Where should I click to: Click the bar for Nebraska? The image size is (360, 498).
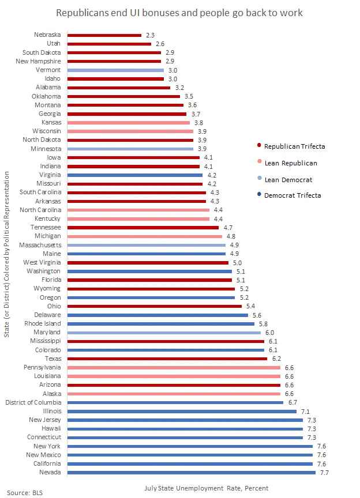coord(104,35)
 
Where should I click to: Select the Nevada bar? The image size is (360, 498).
coord(192,473)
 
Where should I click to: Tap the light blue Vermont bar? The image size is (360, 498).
coord(115,70)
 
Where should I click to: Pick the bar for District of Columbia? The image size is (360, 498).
coord(175,402)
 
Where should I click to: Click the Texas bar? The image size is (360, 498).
coord(167,359)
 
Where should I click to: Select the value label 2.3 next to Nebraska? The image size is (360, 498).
coord(150,35)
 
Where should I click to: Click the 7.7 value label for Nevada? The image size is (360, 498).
coord(324,473)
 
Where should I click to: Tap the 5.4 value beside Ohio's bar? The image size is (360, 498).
coord(250,306)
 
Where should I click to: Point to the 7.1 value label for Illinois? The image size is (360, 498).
coord(305,411)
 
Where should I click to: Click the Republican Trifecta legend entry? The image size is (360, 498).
coord(294,146)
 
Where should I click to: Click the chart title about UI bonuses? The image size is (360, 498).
coord(179,12)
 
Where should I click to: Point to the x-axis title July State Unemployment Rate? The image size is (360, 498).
coord(206,488)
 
